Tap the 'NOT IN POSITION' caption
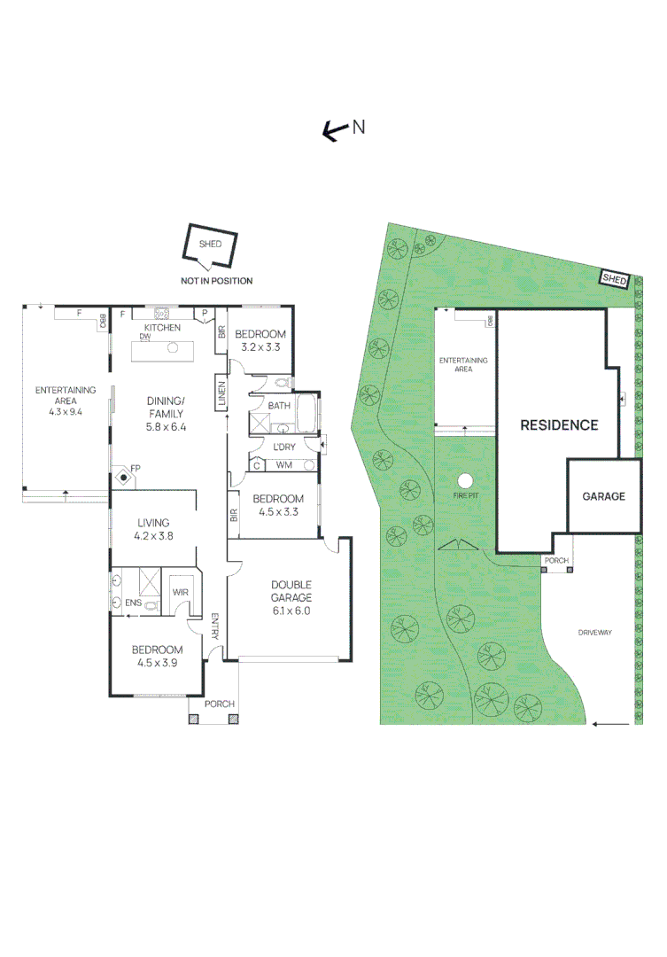click(216, 281)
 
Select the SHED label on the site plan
click(614, 279)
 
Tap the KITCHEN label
click(162, 328)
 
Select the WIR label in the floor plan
click(181, 592)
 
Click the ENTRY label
click(215, 626)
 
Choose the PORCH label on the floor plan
click(220, 704)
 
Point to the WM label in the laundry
click(283, 465)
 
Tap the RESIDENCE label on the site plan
click(558, 424)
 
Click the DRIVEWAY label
click(595, 633)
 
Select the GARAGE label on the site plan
click(603, 496)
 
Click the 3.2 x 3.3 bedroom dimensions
click(260, 347)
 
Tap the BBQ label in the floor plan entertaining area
click(103, 321)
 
